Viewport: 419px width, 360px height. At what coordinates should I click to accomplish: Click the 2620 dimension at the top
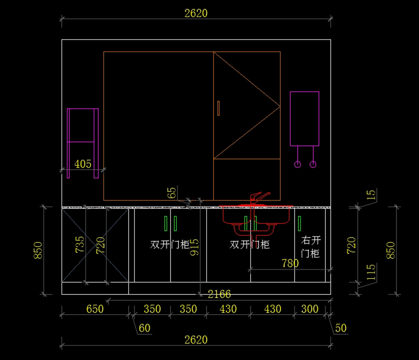pos(196,13)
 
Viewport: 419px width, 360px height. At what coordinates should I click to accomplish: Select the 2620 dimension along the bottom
pos(196,339)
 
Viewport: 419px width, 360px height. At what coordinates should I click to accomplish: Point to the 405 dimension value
pos(83,164)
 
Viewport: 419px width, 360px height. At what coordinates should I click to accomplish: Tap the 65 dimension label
pos(172,193)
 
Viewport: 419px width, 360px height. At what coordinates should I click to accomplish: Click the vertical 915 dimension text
pos(194,247)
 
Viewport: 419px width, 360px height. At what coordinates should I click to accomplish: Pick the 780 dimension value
pos(290,263)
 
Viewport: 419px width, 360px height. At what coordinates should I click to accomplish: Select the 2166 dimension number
pos(219,294)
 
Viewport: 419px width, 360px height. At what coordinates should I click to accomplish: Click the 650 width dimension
pos(95,309)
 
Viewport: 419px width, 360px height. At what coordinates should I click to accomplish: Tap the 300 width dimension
pos(310,309)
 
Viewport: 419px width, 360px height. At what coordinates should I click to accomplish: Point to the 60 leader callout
pos(145,328)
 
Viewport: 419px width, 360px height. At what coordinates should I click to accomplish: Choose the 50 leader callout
pos(340,328)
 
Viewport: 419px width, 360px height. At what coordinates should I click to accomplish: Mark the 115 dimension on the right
pos(371,272)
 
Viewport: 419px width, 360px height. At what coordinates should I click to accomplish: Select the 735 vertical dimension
pos(80,244)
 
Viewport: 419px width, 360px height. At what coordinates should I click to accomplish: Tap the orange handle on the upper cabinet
pos(219,108)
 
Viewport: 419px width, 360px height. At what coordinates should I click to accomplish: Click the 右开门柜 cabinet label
pos(310,247)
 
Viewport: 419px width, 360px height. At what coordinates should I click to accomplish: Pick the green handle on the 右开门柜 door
pos(300,223)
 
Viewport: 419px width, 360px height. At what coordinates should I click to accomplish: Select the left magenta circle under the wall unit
pos(297,164)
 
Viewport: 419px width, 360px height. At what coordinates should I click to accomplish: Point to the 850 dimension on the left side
pos(38,250)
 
